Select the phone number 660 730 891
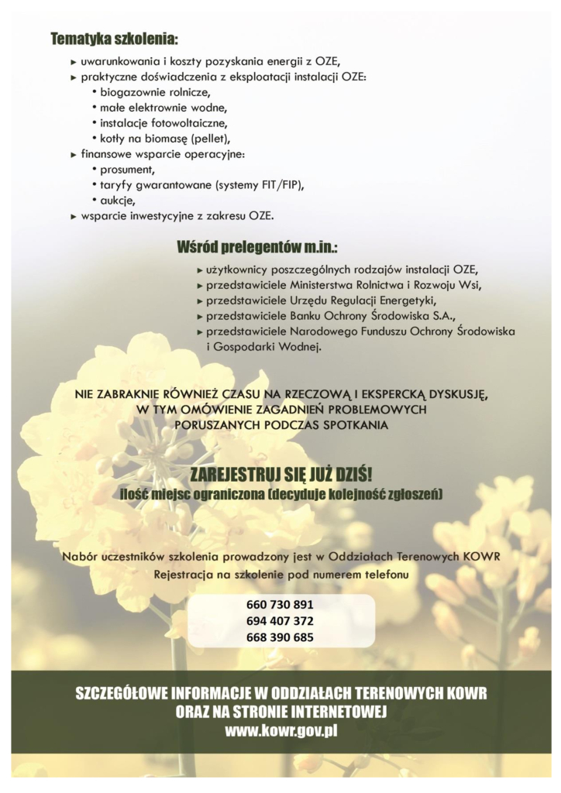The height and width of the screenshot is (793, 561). pyautogui.click(x=281, y=604)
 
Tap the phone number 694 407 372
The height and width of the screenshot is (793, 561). pyautogui.click(x=281, y=621)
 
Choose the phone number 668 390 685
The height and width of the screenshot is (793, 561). pyautogui.click(x=281, y=637)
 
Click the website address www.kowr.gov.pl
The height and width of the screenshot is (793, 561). pyautogui.click(x=280, y=729)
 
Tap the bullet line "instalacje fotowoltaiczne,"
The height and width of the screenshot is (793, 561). pyautogui.click(x=163, y=123)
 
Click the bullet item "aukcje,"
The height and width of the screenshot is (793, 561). pyautogui.click(x=118, y=200)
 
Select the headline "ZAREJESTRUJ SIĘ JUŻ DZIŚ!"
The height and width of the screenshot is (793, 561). pyautogui.click(x=280, y=475)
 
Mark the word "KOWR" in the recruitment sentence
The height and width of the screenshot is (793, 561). pyautogui.click(x=480, y=557)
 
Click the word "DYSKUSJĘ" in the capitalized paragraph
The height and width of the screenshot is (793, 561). pyautogui.click(x=456, y=393)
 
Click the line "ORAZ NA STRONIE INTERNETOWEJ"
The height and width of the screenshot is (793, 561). pyautogui.click(x=280, y=711)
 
